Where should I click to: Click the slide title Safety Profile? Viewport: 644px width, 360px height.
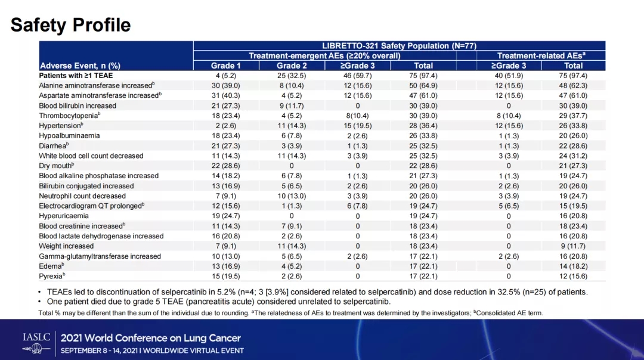point(70,25)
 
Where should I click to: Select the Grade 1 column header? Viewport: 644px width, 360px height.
point(226,66)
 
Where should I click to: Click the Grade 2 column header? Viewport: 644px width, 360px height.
point(292,66)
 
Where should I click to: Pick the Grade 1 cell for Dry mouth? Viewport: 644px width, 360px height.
point(226,166)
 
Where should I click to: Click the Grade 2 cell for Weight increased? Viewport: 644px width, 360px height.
point(292,246)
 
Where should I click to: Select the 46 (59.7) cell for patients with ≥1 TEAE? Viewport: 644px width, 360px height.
point(357,76)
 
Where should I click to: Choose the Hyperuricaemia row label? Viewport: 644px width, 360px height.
point(64,216)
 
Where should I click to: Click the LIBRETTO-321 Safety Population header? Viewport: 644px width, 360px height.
point(399,45)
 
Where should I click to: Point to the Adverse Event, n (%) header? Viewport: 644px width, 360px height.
point(80,66)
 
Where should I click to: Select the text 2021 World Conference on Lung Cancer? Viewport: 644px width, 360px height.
point(150,338)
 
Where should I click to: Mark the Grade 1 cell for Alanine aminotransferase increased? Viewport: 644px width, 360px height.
point(226,85)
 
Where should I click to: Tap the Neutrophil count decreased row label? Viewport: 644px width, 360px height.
point(82,195)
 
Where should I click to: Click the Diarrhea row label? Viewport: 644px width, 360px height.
point(54,145)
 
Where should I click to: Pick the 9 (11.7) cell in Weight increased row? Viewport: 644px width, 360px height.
point(574,246)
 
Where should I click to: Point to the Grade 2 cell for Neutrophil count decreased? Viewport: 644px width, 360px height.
point(292,195)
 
